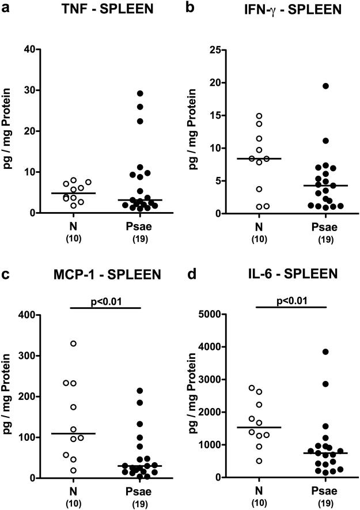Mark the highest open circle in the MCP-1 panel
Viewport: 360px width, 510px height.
tap(73, 343)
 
